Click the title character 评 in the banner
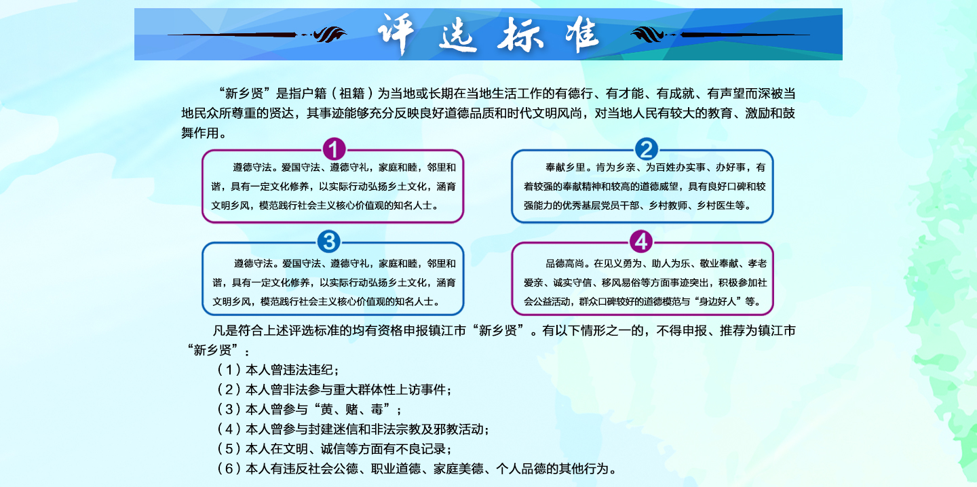(x=396, y=34)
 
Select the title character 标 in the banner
(x=520, y=35)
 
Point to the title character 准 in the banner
(x=582, y=34)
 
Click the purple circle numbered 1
(x=334, y=149)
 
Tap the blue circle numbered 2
(x=646, y=149)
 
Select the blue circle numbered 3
(x=329, y=241)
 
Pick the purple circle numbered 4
(x=641, y=241)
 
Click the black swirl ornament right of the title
(x=649, y=34)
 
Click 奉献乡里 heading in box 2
(x=565, y=168)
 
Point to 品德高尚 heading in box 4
(x=564, y=263)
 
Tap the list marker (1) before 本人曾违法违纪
(x=229, y=370)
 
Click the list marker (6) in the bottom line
(x=229, y=469)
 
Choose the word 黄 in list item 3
(x=326, y=410)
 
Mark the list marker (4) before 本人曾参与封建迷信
(x=229, y=429)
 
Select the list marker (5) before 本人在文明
(x=229, y=448)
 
